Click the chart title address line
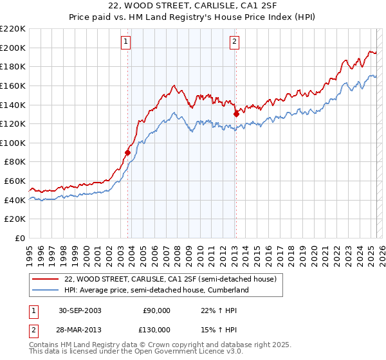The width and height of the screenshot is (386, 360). (193, 6)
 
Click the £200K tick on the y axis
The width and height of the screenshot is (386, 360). (13, 48)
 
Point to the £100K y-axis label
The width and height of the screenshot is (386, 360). (13, 143)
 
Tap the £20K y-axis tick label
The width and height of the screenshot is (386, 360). (15, 219)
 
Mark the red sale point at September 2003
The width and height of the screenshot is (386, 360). (128, 152)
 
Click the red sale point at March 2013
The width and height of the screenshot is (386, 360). (236, 114)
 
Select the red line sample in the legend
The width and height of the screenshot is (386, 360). (46, 279)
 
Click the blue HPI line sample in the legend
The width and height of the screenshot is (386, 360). (46, 290)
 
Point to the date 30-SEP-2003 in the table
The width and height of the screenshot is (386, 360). (80, 310)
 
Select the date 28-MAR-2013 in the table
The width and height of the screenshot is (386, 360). (80, 330)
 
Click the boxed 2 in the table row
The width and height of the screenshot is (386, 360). (33, 330)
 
